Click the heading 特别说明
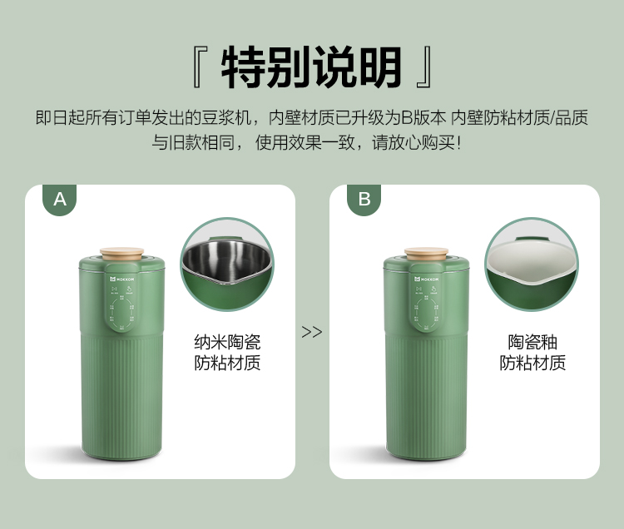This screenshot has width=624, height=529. (x=311, y=67)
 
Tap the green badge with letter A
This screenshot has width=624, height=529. (x=60, y=200)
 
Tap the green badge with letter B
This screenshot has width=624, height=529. (x=364, y=200)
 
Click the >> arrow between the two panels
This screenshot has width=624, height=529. (x=312, y=332)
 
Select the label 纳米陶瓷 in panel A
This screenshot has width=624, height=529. (x=227, y=342)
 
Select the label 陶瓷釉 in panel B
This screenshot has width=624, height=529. (x=532, y=342)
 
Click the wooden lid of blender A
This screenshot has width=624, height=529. (x=121, y=254)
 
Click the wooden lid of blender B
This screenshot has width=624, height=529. (x=426, y=254)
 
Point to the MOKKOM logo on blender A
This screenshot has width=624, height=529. (x=122, y=279)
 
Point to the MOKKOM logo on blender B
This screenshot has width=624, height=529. (x=427, y=279)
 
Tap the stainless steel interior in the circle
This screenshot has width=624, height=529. (x=226, y=260)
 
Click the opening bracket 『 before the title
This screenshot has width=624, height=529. (x=200, y=67)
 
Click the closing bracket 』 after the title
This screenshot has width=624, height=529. (x=423, y=67)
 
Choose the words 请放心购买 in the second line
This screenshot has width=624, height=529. (x=414, y=142)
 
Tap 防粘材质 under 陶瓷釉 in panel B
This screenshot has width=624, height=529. (x=532, y=363)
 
